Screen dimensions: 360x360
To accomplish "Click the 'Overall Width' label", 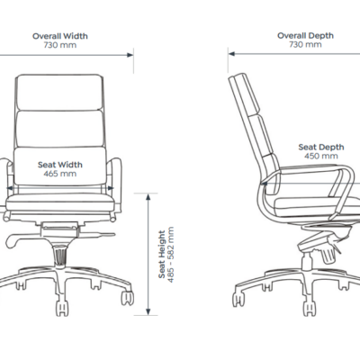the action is pyautogui.click(x=60, y=36).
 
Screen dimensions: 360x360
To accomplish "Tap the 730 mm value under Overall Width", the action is pyautogui.click(x=60, y=45).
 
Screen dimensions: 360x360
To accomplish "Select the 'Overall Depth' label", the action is pyautogui.click(x=305, y=36).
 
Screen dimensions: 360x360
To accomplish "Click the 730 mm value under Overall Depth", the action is pyautogui.click(x=305, y=45).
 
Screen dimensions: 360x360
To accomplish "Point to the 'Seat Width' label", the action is pyautogui.click(x=60, y=165).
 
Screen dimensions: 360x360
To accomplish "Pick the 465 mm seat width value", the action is pyautogui.click(x=60, y=174).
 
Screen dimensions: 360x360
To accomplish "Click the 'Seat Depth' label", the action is pyautogui.click(x=321, y=148).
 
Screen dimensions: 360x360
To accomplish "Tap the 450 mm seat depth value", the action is pyautogui.click(x=321, y=156).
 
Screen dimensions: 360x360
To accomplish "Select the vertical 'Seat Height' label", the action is pyautogui.click(x=162, y=254).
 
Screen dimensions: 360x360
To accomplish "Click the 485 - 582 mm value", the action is pyautogui.click(x=171, y=255).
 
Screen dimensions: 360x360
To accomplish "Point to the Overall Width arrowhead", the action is pyautogui.click(x=130, y=55).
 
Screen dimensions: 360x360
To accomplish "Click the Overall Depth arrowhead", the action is pyautogui.click(x=231, y=54).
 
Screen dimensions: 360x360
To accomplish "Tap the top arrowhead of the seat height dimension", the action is pyautogui.click(x=148, y=197).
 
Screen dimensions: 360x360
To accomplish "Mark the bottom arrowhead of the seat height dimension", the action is pyautogui.click(x=148, y=311).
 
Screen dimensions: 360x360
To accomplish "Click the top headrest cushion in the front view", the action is pyautogui.click(x=59, y=93).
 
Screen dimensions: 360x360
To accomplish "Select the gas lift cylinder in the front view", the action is pyautogui.click(x=60, y=256).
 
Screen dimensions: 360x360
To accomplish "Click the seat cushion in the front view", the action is pyautogui.click(x=60, y=202).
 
